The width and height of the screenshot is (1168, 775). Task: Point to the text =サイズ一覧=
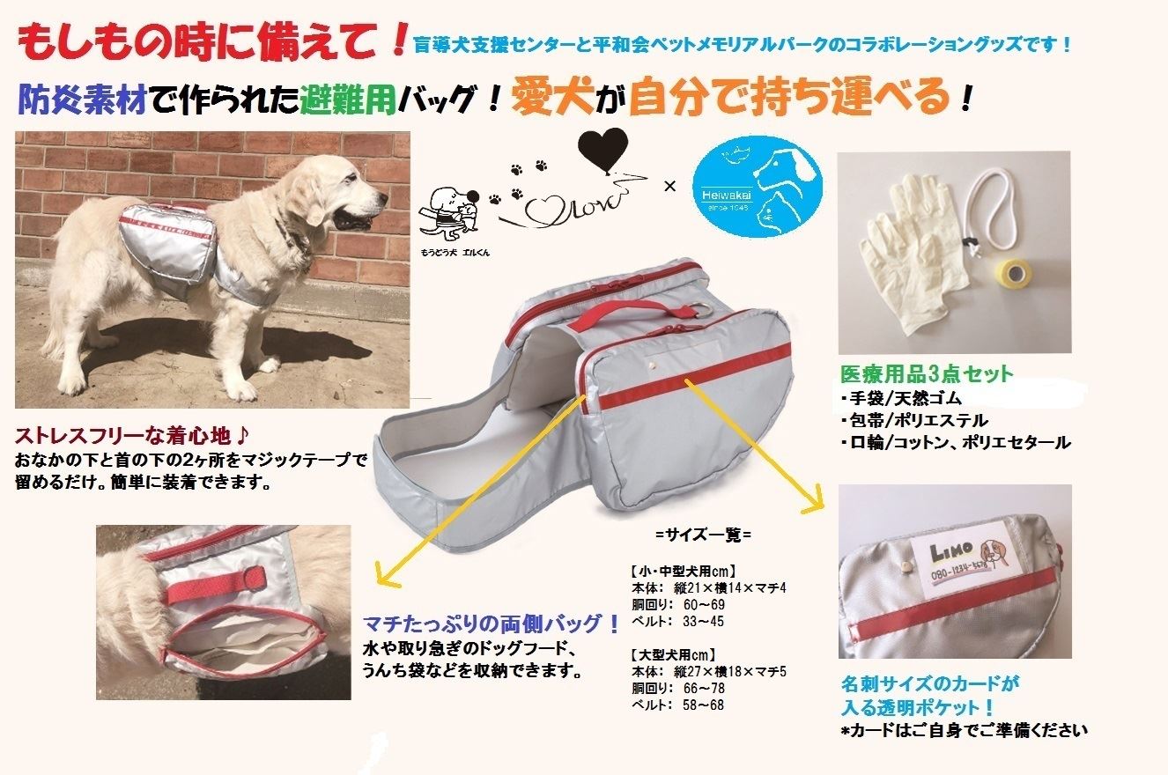pos(702,533)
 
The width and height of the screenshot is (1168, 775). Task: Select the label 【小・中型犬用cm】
pos(682,570)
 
